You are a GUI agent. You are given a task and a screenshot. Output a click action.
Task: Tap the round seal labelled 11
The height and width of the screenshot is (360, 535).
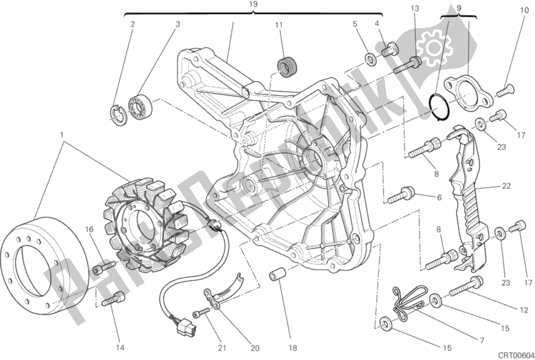(x=288, y=68)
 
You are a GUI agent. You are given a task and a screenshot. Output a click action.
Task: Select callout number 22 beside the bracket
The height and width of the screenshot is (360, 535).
(x=506, y=185)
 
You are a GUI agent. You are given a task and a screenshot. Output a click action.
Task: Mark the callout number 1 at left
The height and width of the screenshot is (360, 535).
(x=62, y=134)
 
